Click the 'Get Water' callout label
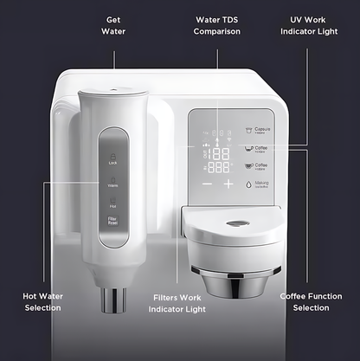(114, 25)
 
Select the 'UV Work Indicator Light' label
(309, 25)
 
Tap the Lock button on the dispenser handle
(113, 158)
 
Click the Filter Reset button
(113, 222)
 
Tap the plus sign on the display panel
(228, 184)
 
